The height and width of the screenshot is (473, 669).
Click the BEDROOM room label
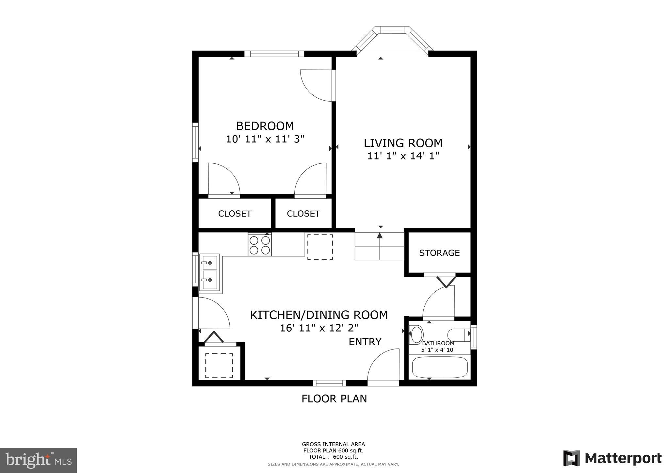[x=265, y=126]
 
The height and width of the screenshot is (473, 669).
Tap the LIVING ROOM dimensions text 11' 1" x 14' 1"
[x=403, y=156]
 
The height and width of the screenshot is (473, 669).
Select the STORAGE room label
[x=439, y=253]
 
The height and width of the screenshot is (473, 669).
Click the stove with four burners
[x=260, y=245]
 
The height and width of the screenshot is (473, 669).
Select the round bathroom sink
[x=416, y=334]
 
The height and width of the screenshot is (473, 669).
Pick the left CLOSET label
[x=235, y=214]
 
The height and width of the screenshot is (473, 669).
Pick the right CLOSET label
[x=303, y=214]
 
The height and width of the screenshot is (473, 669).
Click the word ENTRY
[x=365, y=342]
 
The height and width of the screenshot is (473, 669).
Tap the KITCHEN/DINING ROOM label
[x=319, y=315]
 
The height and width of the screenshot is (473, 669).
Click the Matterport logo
[x=612, y=458]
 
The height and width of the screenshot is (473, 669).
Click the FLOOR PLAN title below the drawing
[x=334, y=399]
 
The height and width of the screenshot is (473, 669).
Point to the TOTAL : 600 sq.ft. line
[x=333, y=457]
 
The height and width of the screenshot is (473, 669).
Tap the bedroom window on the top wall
[x=274, y=54]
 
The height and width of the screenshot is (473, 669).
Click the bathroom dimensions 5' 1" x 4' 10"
[x=438, y=350]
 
